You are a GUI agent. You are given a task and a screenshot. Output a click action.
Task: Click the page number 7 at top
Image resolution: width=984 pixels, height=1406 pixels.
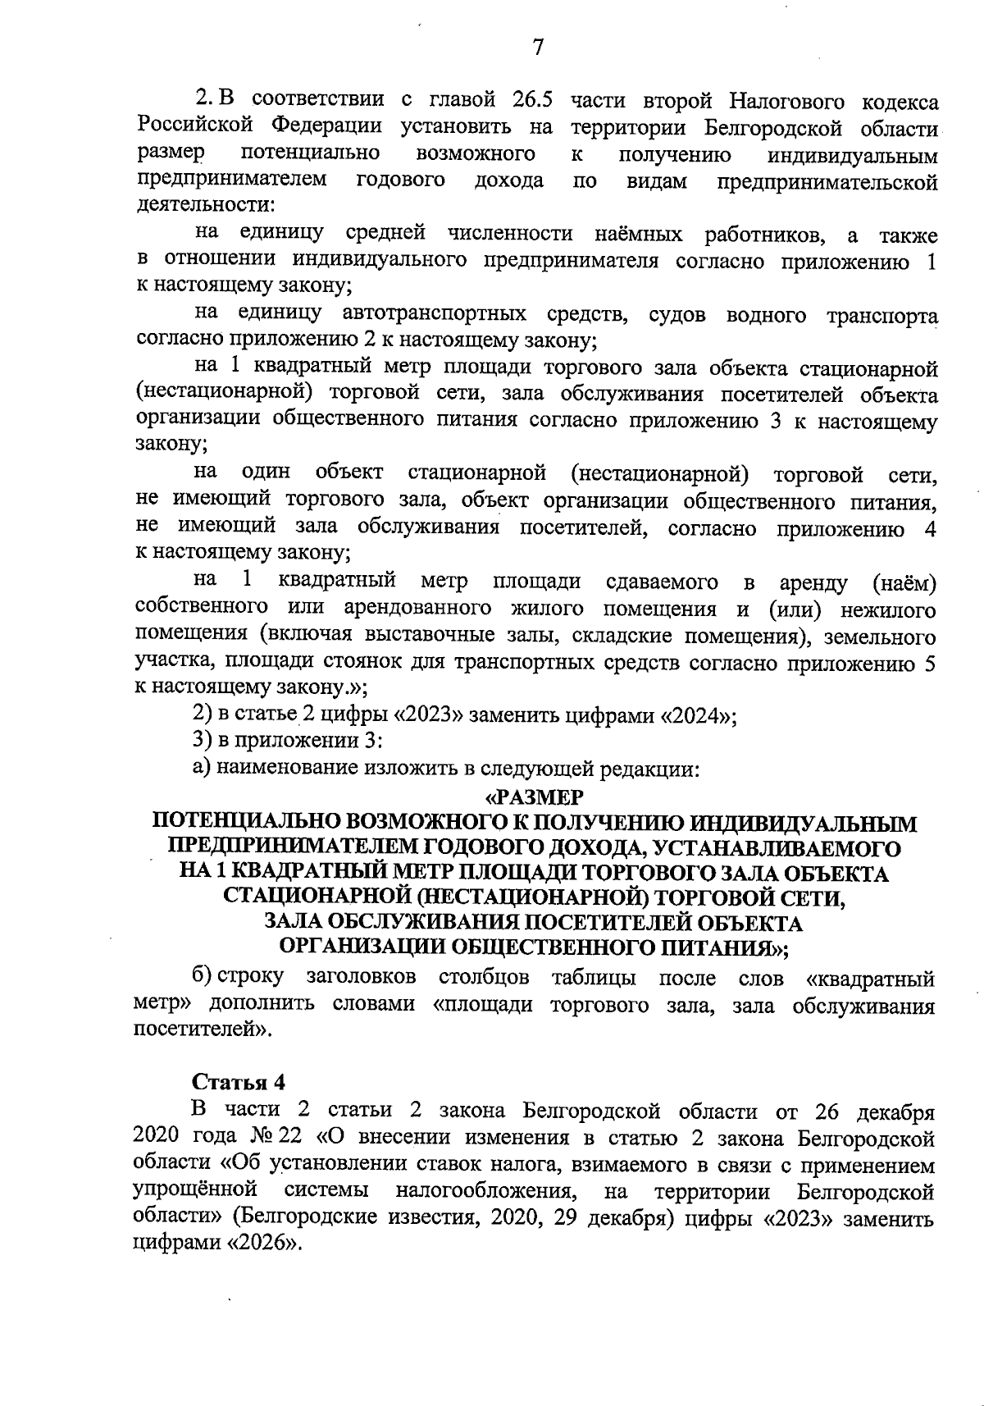pos(538,48)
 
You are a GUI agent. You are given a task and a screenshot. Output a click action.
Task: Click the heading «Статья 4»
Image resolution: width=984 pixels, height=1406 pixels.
pos(238,1081)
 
